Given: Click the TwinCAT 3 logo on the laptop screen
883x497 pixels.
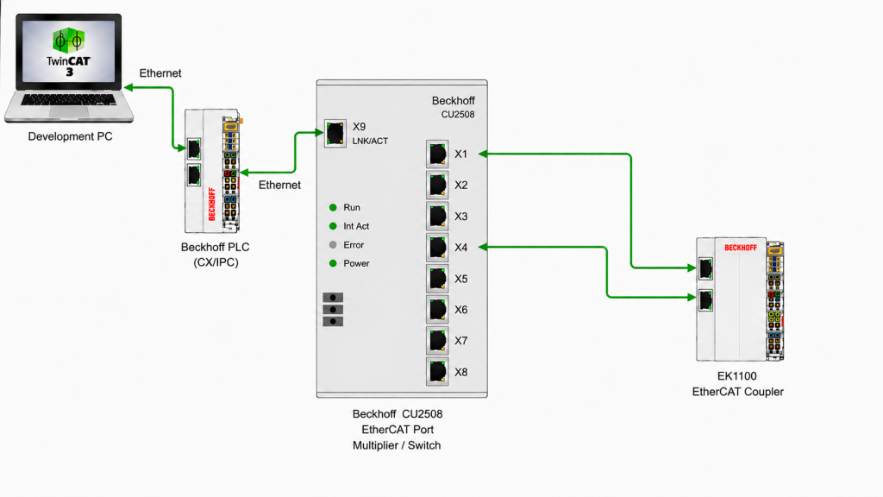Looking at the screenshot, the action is (x=69, y=52).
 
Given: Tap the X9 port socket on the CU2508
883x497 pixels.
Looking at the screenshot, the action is (x=335, y=134).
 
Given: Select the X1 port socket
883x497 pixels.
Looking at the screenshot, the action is (x=437, y=154).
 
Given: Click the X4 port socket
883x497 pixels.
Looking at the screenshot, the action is (x=437, y=248).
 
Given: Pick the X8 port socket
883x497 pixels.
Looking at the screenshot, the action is (x=437, y=372).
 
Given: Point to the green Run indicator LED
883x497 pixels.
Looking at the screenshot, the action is (x=333, y=207).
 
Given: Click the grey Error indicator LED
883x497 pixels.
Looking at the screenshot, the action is (x=333, y=244).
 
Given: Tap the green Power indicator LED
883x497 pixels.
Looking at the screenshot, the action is (x=333, y=263).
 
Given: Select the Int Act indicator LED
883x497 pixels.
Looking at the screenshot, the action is (x=333, y=226).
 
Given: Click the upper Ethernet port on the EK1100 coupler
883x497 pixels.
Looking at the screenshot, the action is (x=705, y=269).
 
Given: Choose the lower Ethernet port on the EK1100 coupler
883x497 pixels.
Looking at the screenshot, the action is (x=705, y=300).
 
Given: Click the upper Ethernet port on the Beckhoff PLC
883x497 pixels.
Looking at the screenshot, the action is (x=194, y=148).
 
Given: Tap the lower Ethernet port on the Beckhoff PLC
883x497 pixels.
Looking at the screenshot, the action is (x=194, y=174).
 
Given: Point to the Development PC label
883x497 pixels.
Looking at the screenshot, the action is (x=71, y=136).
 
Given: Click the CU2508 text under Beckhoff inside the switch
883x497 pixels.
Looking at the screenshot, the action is (x=458, y=115).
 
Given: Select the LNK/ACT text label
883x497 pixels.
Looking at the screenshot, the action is (x=370, y=141).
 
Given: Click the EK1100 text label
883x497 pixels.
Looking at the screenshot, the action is (x=737, y=376).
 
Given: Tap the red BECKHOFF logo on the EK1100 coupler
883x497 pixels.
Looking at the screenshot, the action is (x=741, y=248).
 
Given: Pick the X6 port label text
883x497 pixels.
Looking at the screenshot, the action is (x=461, y=310).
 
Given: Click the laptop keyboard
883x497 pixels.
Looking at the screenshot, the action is (x=69, y=99).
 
